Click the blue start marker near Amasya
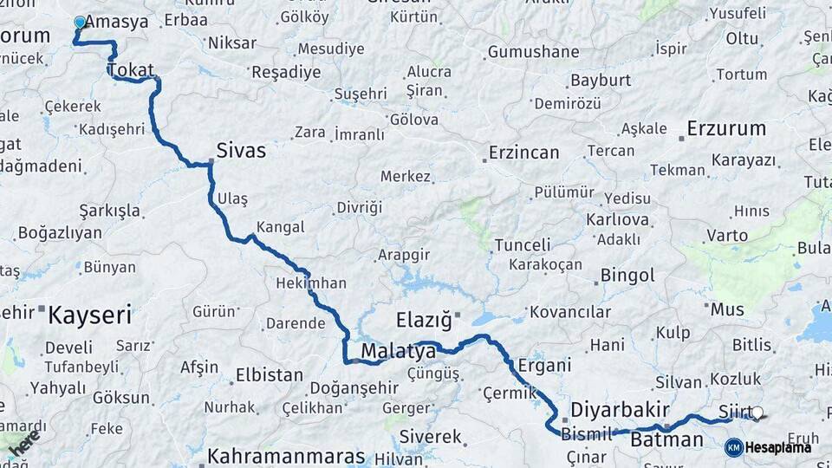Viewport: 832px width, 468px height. pyautogui.click(x=81, y=23)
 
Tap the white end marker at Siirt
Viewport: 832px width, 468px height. pyautogui.click(x=757, y=413)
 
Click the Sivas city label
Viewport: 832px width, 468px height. pyautogui.click(x=241, y=151)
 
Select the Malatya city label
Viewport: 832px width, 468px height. pyautogui.click(x=398, y=351)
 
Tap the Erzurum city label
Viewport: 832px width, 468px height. pyautogui.click(x=726, y=129)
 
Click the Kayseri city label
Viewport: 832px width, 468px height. pyautogui.click(x=89, y=314)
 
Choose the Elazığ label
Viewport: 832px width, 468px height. pyautogui.click(x=424, y=320)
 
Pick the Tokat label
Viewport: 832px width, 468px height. pyautogui.click(x=131, y=71)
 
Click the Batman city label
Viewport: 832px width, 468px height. pyautogui.click(x=666, y=439)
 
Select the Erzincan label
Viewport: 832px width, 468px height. pyautogui.click(x=523, y=153)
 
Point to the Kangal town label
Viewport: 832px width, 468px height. pyautogui.click(x=279, y=227)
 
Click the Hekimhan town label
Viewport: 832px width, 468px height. pyautogui.click(x=310, y=283)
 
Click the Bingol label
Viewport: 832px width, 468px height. pyautogui.click(x=627, y=276)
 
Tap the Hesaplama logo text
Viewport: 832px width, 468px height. pyautogui.click(x=778, y=447)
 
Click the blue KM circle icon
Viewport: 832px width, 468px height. pyautogui.click(x=733, y=447)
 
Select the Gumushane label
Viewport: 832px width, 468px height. pyautogui.click(x=533, y=52)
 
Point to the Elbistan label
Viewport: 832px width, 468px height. pyautogui.click(x=269, y=376)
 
